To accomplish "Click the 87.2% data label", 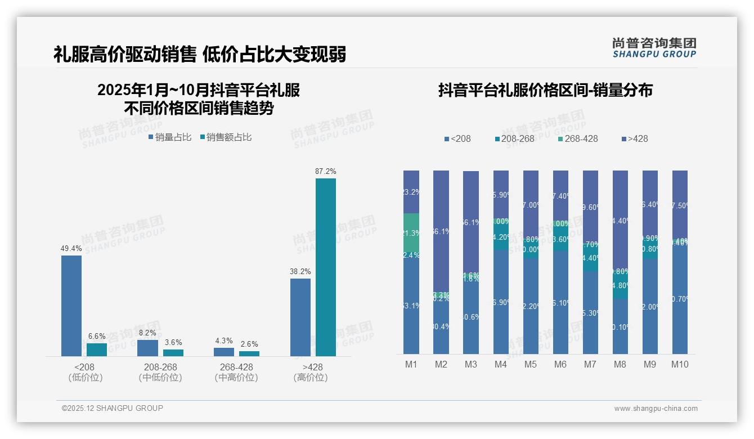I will point(326,171).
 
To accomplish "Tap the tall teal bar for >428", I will point(326,267).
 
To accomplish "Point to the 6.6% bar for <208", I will point(97,350).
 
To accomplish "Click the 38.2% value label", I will point(300,271).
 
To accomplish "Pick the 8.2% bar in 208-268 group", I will point(147,348).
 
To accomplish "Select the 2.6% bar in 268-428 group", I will point(249,353).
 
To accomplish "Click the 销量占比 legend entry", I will point(170,137).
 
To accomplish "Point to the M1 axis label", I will point(411,364).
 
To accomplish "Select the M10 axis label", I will point(680,364).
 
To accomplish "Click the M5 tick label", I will point(531,364).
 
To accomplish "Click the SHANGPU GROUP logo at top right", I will point(654,48).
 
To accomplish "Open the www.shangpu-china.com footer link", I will point(656,409).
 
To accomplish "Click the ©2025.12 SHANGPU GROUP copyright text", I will point(113,408).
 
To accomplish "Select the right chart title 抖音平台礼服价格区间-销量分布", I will point(545,91).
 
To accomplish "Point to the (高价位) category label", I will point(310,378).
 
